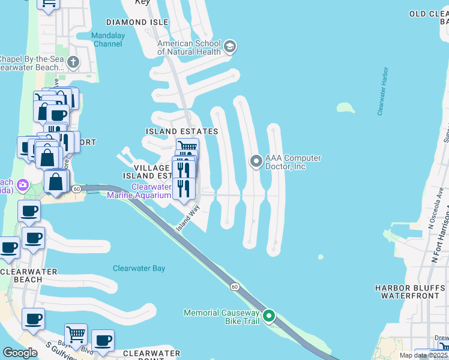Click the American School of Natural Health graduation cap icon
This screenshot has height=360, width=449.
coord(229,47)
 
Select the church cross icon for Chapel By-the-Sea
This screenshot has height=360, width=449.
coord(73,62)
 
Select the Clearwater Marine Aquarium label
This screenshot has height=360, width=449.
coord(143,191)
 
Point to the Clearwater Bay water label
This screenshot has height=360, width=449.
coord(139,268)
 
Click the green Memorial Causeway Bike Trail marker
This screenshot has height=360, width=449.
coord(269,315)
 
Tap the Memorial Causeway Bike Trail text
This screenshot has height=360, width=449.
coord(221,317)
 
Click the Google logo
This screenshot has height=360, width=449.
coord(20,353)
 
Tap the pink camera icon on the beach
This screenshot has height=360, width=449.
coord(23,184)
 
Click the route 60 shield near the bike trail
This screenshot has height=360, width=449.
coord(234,287)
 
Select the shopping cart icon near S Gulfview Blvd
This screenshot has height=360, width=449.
coord(76,334)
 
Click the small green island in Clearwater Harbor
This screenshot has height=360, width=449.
coord(345,108)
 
